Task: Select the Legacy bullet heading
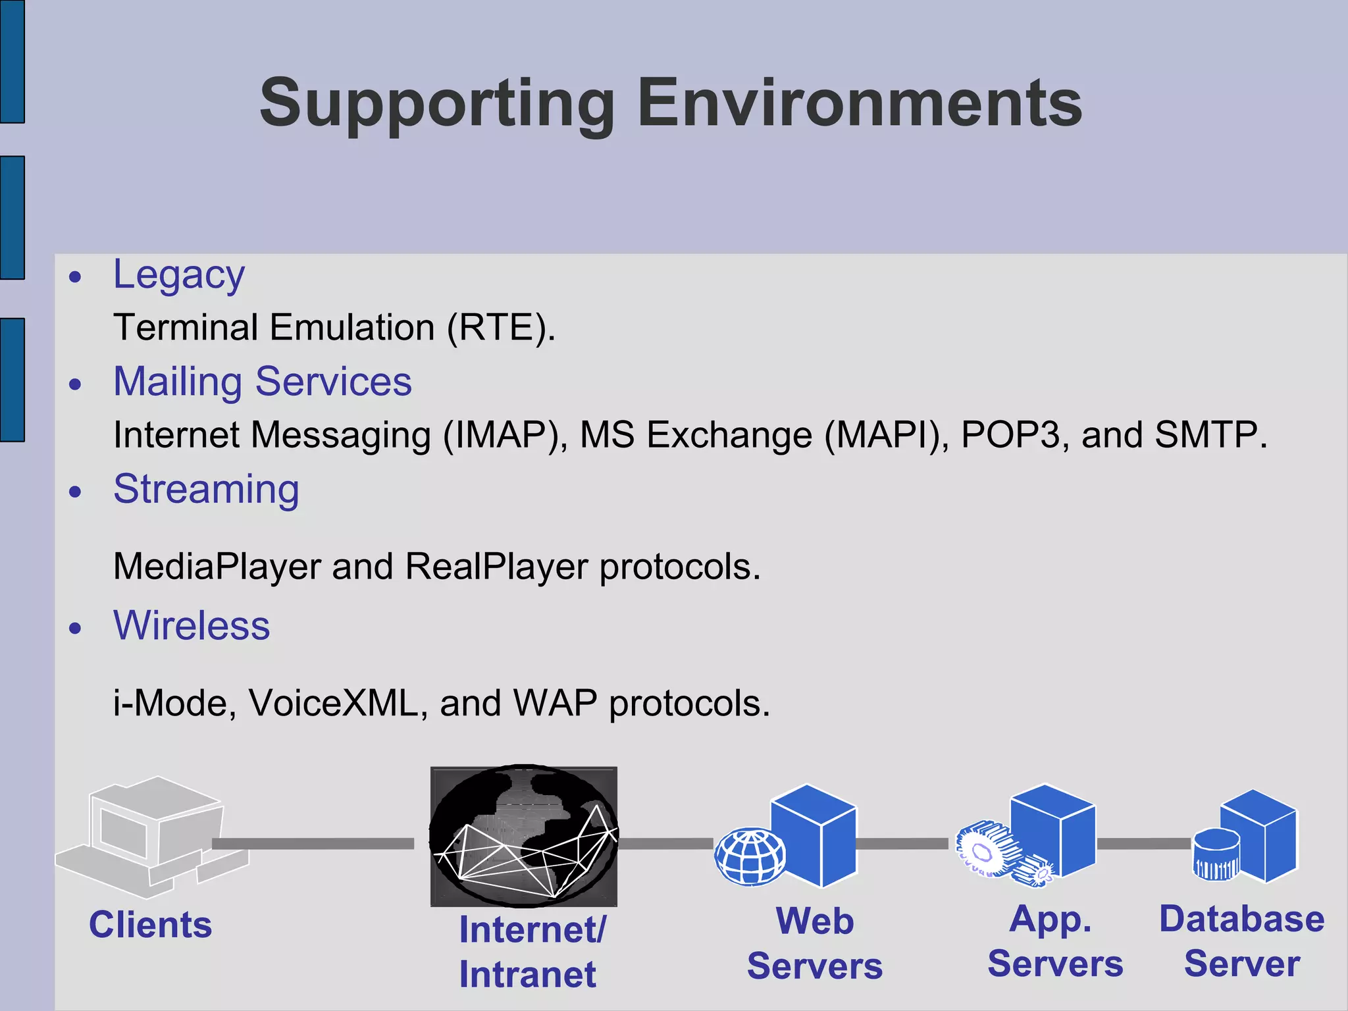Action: [x=178, y=274]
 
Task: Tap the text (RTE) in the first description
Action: [x=500, y=327]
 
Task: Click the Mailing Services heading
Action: [x=262, y=382]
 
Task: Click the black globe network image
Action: [x=523, y=836]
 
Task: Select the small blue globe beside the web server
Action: [x=750, y=856]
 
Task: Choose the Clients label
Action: [x=150, y=925]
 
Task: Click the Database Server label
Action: [x=1241, y=941]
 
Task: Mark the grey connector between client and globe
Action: [x=313, y=844]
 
